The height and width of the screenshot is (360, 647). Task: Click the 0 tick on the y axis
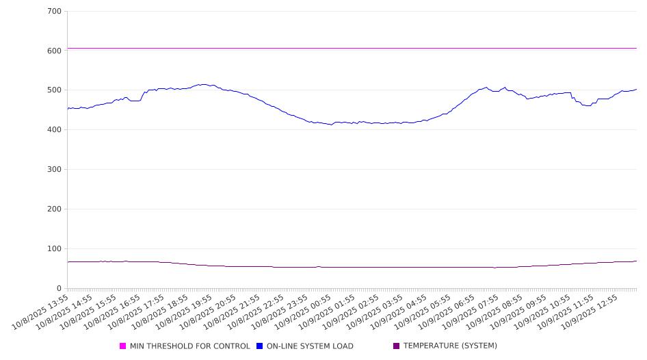click(60, 288)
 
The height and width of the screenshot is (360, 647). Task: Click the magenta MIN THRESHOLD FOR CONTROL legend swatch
click(123, 346)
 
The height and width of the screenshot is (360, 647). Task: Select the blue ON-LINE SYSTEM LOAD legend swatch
click(260, 346)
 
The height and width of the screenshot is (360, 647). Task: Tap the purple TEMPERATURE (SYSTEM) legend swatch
click(397, 346)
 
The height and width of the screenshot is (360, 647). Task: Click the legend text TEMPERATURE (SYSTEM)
click(450, 346)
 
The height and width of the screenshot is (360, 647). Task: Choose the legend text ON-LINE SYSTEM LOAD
click(310, 346)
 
